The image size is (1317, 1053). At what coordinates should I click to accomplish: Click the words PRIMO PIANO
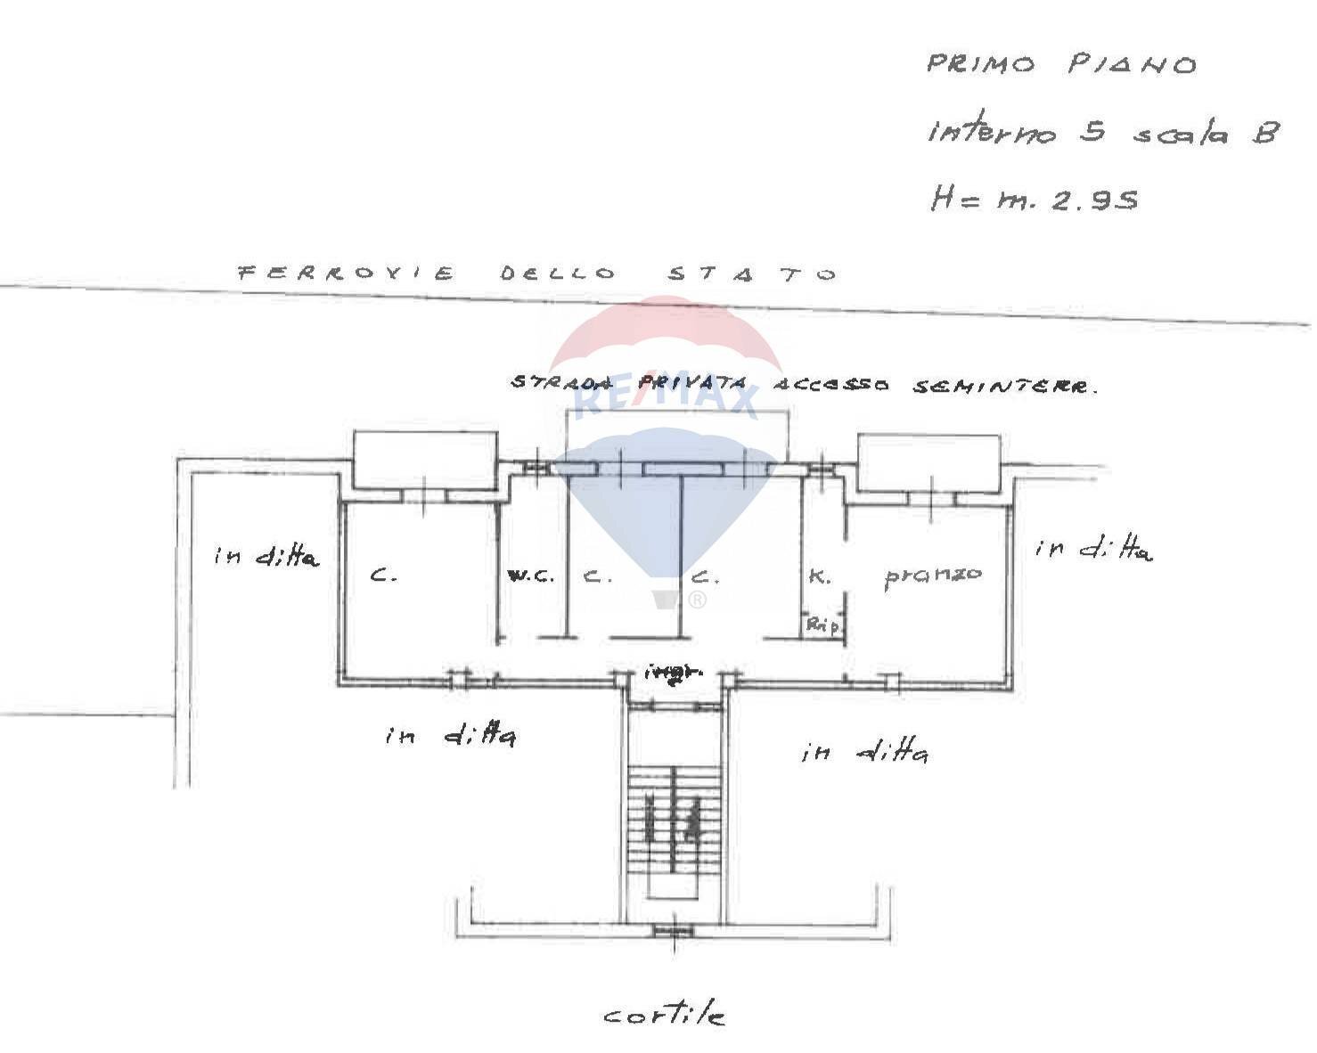pos(1061,65)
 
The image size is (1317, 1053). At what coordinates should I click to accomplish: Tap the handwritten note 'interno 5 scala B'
pos(1103,133)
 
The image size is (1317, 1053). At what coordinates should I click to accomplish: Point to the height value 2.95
pos(1094,200)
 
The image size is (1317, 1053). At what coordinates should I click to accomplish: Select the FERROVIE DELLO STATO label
pos(537,273)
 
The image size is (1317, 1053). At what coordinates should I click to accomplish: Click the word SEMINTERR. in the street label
pos(1005,387)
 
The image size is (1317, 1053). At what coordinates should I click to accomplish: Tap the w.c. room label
pos(530,575)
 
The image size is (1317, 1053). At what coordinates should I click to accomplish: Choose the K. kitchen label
pos(819,576)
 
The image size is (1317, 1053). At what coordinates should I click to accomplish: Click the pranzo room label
pos(933,575)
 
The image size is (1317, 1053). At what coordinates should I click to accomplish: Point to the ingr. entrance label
pos(675,673)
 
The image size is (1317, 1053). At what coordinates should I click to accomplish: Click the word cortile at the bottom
pos(664,1015)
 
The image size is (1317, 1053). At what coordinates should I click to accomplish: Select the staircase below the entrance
pos(673,820)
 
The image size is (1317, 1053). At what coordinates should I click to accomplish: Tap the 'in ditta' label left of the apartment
pos(266,557)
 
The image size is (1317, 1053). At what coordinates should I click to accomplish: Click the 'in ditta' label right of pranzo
pos(1094,549)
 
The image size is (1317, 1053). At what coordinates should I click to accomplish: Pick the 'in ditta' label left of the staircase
pos(450,736)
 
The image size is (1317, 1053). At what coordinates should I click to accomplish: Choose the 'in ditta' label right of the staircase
pos(864,753)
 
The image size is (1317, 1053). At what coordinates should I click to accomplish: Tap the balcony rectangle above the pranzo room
pos(928,463)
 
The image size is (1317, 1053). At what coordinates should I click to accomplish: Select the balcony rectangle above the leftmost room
pos(425,460)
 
